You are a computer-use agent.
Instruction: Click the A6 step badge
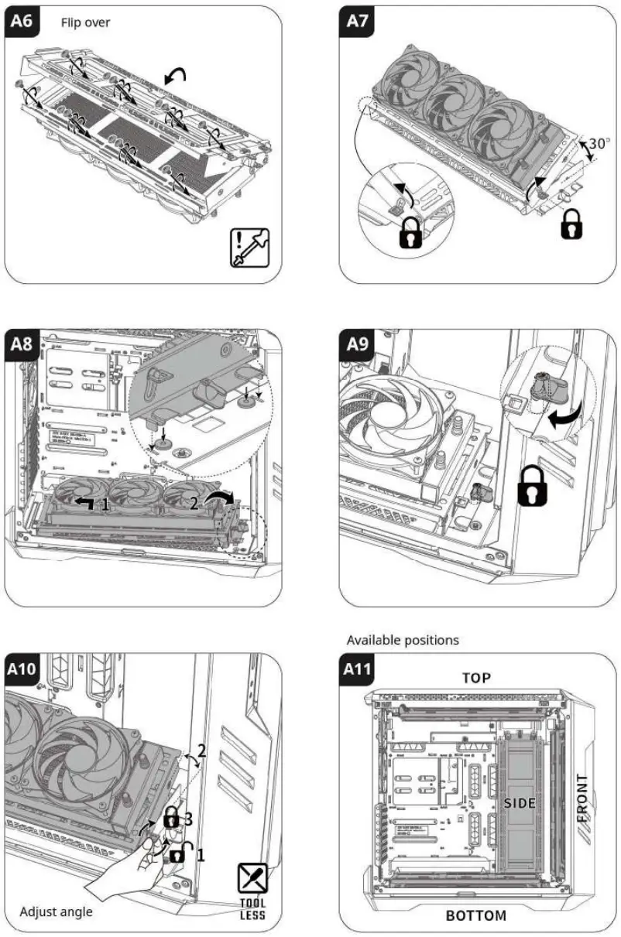coord(22,21)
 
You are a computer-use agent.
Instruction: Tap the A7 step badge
coord(357,21)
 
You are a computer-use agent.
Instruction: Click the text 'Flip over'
coord(85,22)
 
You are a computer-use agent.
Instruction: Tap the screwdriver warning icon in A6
coord(249,248)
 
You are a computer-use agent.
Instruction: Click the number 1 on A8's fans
coord(106,505)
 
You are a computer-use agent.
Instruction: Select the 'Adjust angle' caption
coord(57,911)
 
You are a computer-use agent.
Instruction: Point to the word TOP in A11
coord(477,678)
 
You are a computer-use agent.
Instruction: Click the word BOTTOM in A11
coord(476,916)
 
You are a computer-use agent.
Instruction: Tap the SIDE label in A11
coord(520,803)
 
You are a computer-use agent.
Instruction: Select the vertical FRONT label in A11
coord(582,798)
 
